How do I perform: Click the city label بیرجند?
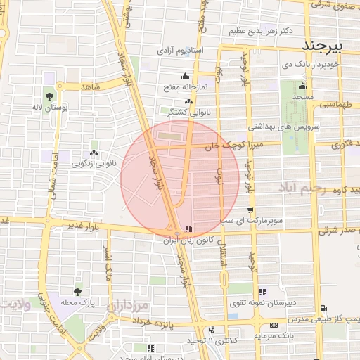coord(324,46)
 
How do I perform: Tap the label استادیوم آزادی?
coord(179,51)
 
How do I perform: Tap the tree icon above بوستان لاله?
coord(49,96)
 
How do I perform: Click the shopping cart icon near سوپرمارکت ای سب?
coord(250,210)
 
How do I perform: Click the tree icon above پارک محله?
coord(77,290)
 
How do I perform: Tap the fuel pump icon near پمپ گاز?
coord(323,308)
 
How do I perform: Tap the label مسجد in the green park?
coord(304,96)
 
